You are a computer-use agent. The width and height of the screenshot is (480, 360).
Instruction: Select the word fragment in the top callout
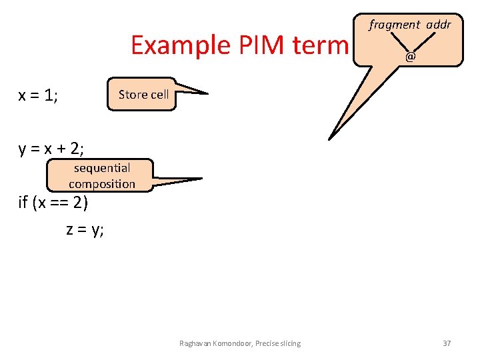click(395, 25)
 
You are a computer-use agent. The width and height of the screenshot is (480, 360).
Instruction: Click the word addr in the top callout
click(438, 25)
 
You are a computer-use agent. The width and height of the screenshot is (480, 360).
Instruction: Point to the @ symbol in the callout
click(410, 57)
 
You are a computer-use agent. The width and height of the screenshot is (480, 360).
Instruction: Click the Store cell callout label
click(143, 95)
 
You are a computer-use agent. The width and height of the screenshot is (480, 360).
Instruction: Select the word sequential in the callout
click(102, 168)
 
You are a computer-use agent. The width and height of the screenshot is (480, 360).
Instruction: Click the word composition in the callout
click(102, 183)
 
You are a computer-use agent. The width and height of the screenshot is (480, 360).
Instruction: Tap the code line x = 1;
click(39, 95)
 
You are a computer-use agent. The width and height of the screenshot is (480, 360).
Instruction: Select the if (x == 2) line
click(53, 201)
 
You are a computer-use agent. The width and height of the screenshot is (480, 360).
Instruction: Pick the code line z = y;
click(85, 230)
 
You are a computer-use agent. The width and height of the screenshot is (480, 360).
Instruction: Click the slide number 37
click(447, 343)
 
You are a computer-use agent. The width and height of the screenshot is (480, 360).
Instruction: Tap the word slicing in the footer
click(287, 343)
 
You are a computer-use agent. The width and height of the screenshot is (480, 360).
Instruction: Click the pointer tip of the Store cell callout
click(208, 93)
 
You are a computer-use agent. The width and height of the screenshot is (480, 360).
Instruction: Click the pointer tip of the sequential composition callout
click(202, 179)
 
